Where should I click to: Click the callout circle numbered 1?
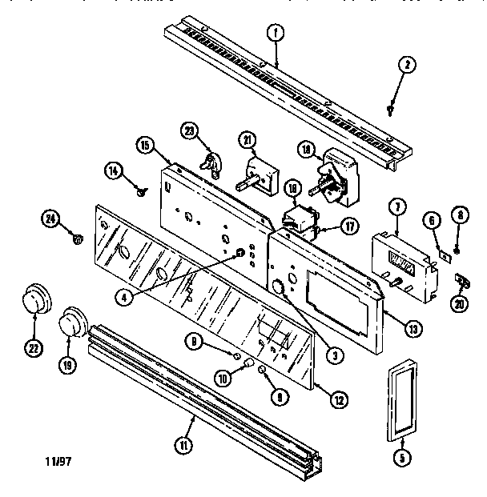tap(276, 34)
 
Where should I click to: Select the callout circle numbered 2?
tap(407, 67)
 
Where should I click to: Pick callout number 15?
tap(146, 146)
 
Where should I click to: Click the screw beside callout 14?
tap(141, 190)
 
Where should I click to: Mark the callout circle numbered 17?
tap(350, 226)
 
